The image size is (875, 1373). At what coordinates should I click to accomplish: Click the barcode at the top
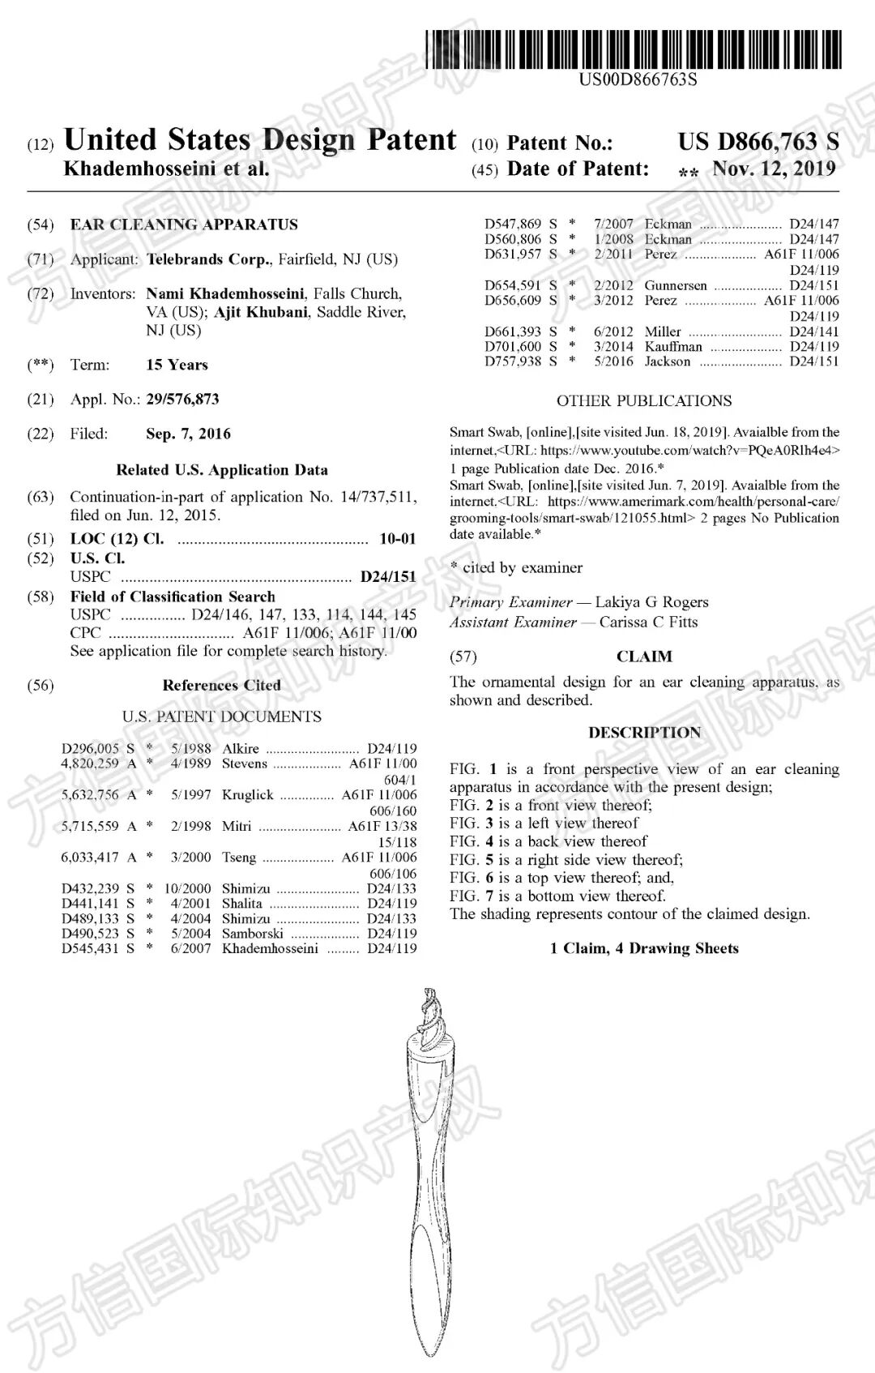633,49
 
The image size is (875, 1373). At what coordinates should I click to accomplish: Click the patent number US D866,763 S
758,142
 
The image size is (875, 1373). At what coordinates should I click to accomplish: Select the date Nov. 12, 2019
774,169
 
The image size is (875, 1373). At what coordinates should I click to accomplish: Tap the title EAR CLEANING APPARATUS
184,225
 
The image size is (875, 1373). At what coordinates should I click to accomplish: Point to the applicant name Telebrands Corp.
208,259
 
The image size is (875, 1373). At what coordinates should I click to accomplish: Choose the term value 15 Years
177,365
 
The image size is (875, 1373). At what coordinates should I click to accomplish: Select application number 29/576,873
182,399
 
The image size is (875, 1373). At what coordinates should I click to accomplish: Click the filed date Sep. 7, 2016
188,434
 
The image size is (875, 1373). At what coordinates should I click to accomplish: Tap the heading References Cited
221,685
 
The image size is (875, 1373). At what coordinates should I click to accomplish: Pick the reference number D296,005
90,748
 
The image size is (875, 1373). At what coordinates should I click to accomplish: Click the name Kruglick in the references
248,795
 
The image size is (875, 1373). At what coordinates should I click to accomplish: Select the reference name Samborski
252,933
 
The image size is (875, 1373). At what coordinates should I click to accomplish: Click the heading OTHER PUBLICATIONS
644,400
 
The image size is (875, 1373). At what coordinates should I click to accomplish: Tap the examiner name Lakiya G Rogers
651,601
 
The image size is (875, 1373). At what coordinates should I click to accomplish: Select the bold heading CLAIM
644,657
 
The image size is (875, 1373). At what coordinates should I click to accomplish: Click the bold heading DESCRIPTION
644,732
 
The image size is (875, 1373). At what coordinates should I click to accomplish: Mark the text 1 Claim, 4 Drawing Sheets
644,948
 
